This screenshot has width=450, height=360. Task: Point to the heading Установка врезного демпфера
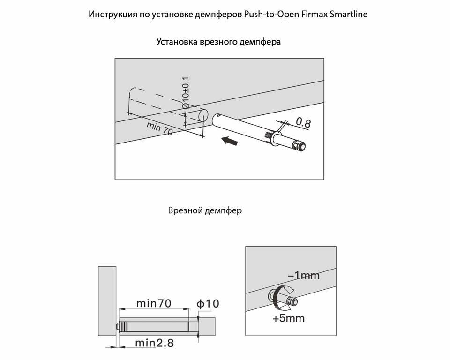218,42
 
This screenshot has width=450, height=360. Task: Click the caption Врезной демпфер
205,210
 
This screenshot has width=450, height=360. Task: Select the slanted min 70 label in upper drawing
159,128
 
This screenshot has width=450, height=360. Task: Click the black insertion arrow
229,140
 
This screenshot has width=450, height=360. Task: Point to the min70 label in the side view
153,303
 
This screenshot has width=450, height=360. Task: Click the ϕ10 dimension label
208,304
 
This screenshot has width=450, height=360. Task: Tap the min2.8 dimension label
154,343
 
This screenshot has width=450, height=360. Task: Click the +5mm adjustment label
289,319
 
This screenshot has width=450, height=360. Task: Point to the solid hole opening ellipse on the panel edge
203,115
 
